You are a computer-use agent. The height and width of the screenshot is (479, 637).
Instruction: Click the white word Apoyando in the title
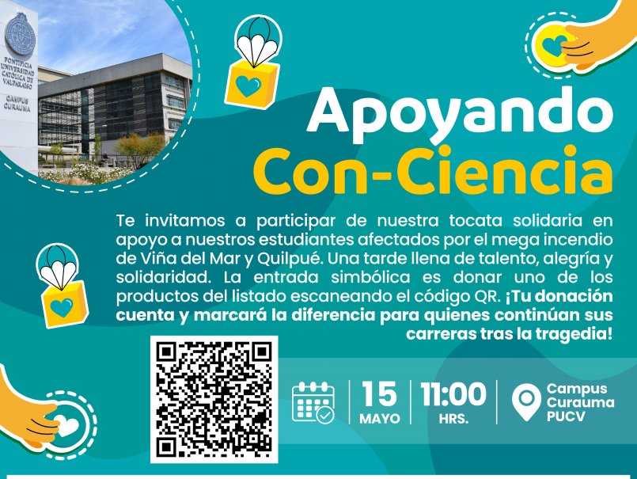coord(460,114)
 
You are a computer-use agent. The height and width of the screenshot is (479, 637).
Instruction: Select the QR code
coord(214,399)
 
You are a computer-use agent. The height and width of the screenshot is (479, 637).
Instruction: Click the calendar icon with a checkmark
coord(313,402)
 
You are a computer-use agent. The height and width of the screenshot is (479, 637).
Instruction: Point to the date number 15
coord(380,393)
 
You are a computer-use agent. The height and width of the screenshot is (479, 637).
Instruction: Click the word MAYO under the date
coord(380,418)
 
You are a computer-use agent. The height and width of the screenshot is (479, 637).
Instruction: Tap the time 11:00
coord(453,393)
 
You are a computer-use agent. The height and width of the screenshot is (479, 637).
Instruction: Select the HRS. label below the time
coord(453,418)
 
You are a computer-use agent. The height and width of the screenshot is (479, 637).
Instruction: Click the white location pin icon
coord(526,401)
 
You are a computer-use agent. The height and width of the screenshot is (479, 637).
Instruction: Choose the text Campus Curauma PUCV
coord(580,402)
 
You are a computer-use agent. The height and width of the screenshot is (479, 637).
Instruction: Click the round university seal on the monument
coord(20,34)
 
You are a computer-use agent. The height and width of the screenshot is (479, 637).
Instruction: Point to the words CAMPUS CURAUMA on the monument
coord(17,104)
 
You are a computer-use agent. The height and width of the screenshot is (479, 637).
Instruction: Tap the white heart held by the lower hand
coord(66,425)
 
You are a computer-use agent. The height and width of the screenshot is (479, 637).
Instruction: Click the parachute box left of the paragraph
coord(62,286)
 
